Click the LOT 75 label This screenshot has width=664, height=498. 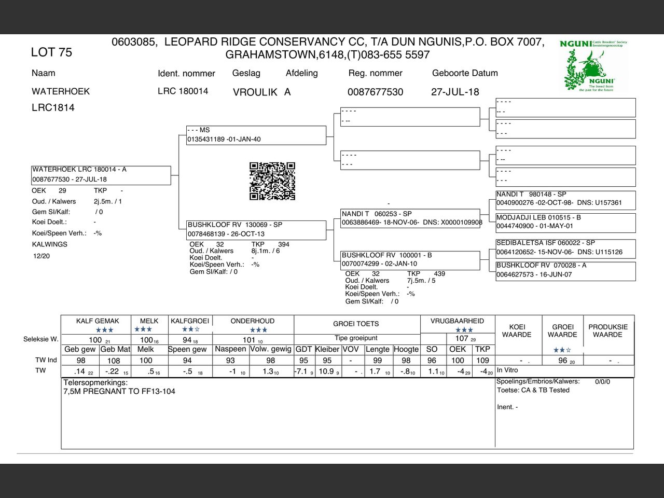(x=51, y=52)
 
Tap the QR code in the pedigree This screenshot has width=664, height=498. (x=272, y=181)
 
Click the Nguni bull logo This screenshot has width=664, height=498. (x=594, y=66)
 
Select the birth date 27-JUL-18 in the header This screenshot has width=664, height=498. (x=455, y=92)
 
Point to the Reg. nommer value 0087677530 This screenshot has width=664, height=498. (x=375, y=92)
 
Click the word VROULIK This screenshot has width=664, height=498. (x=255, y=92)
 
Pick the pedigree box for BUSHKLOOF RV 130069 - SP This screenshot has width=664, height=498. (x=257, y=229)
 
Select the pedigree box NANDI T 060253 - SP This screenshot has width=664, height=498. (x=410, y=218)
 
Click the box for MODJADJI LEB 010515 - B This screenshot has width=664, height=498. (x=565, y=222)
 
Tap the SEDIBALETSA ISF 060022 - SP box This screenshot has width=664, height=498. (x=565, y=247)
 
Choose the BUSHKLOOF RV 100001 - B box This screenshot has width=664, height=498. (x=410, y=259)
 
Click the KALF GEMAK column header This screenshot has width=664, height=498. (x=98, y=321)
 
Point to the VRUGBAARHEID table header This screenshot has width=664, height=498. (x=457, y=321)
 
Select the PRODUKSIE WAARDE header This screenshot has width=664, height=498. (x=607, y=330)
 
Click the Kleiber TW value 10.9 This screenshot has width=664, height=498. (x=326, y=371)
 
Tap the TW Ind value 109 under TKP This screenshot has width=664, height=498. (x=482, y=361)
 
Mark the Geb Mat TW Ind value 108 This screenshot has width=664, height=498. (x=114, y=361)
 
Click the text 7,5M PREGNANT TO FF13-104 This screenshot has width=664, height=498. (x=119, y=392)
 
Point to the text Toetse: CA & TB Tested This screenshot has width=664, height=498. (x=533, y=390)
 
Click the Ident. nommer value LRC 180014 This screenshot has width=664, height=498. (x=183, y=91)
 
